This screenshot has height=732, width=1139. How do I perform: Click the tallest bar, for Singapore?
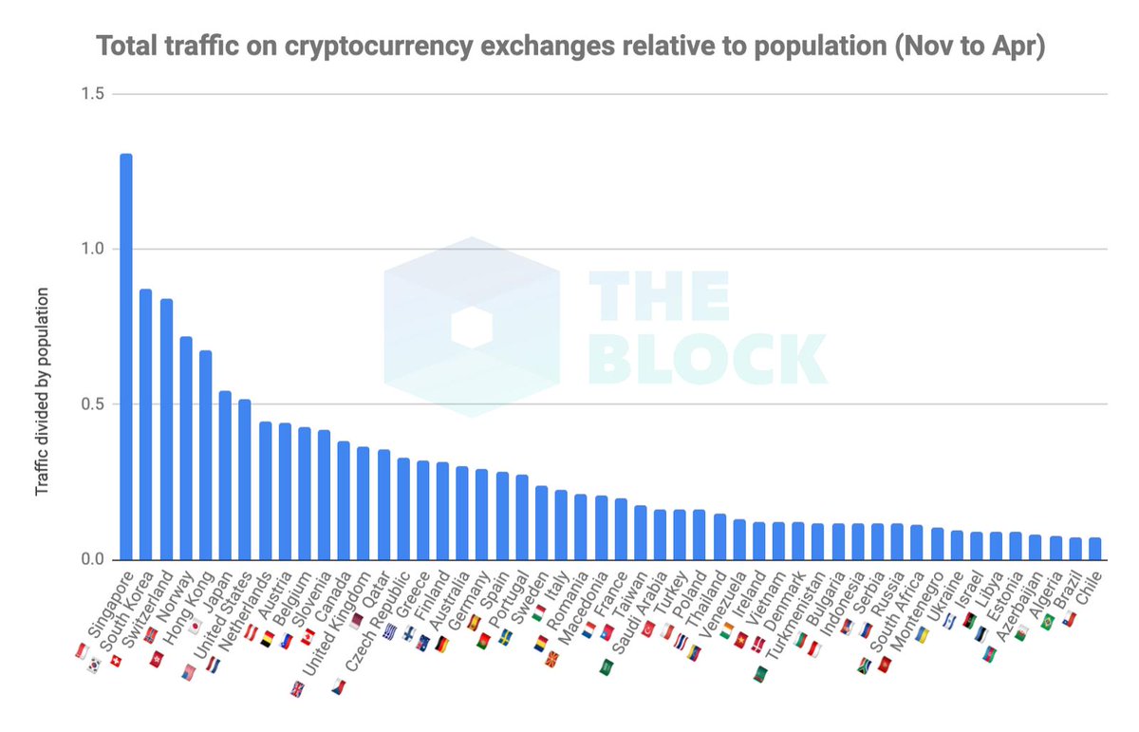(125, 356)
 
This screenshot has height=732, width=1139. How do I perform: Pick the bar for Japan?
(225, 475)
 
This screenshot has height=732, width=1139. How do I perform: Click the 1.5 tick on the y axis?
(91, 94)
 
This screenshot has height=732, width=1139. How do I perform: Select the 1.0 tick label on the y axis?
(91, 249)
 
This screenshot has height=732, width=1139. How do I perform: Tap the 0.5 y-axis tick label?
(91, 404)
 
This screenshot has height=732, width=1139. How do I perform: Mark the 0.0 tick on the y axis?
(91, 559)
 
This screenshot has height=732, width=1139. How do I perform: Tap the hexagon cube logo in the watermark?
(471, 326)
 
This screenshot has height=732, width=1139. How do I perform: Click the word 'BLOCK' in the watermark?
(706, 359)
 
